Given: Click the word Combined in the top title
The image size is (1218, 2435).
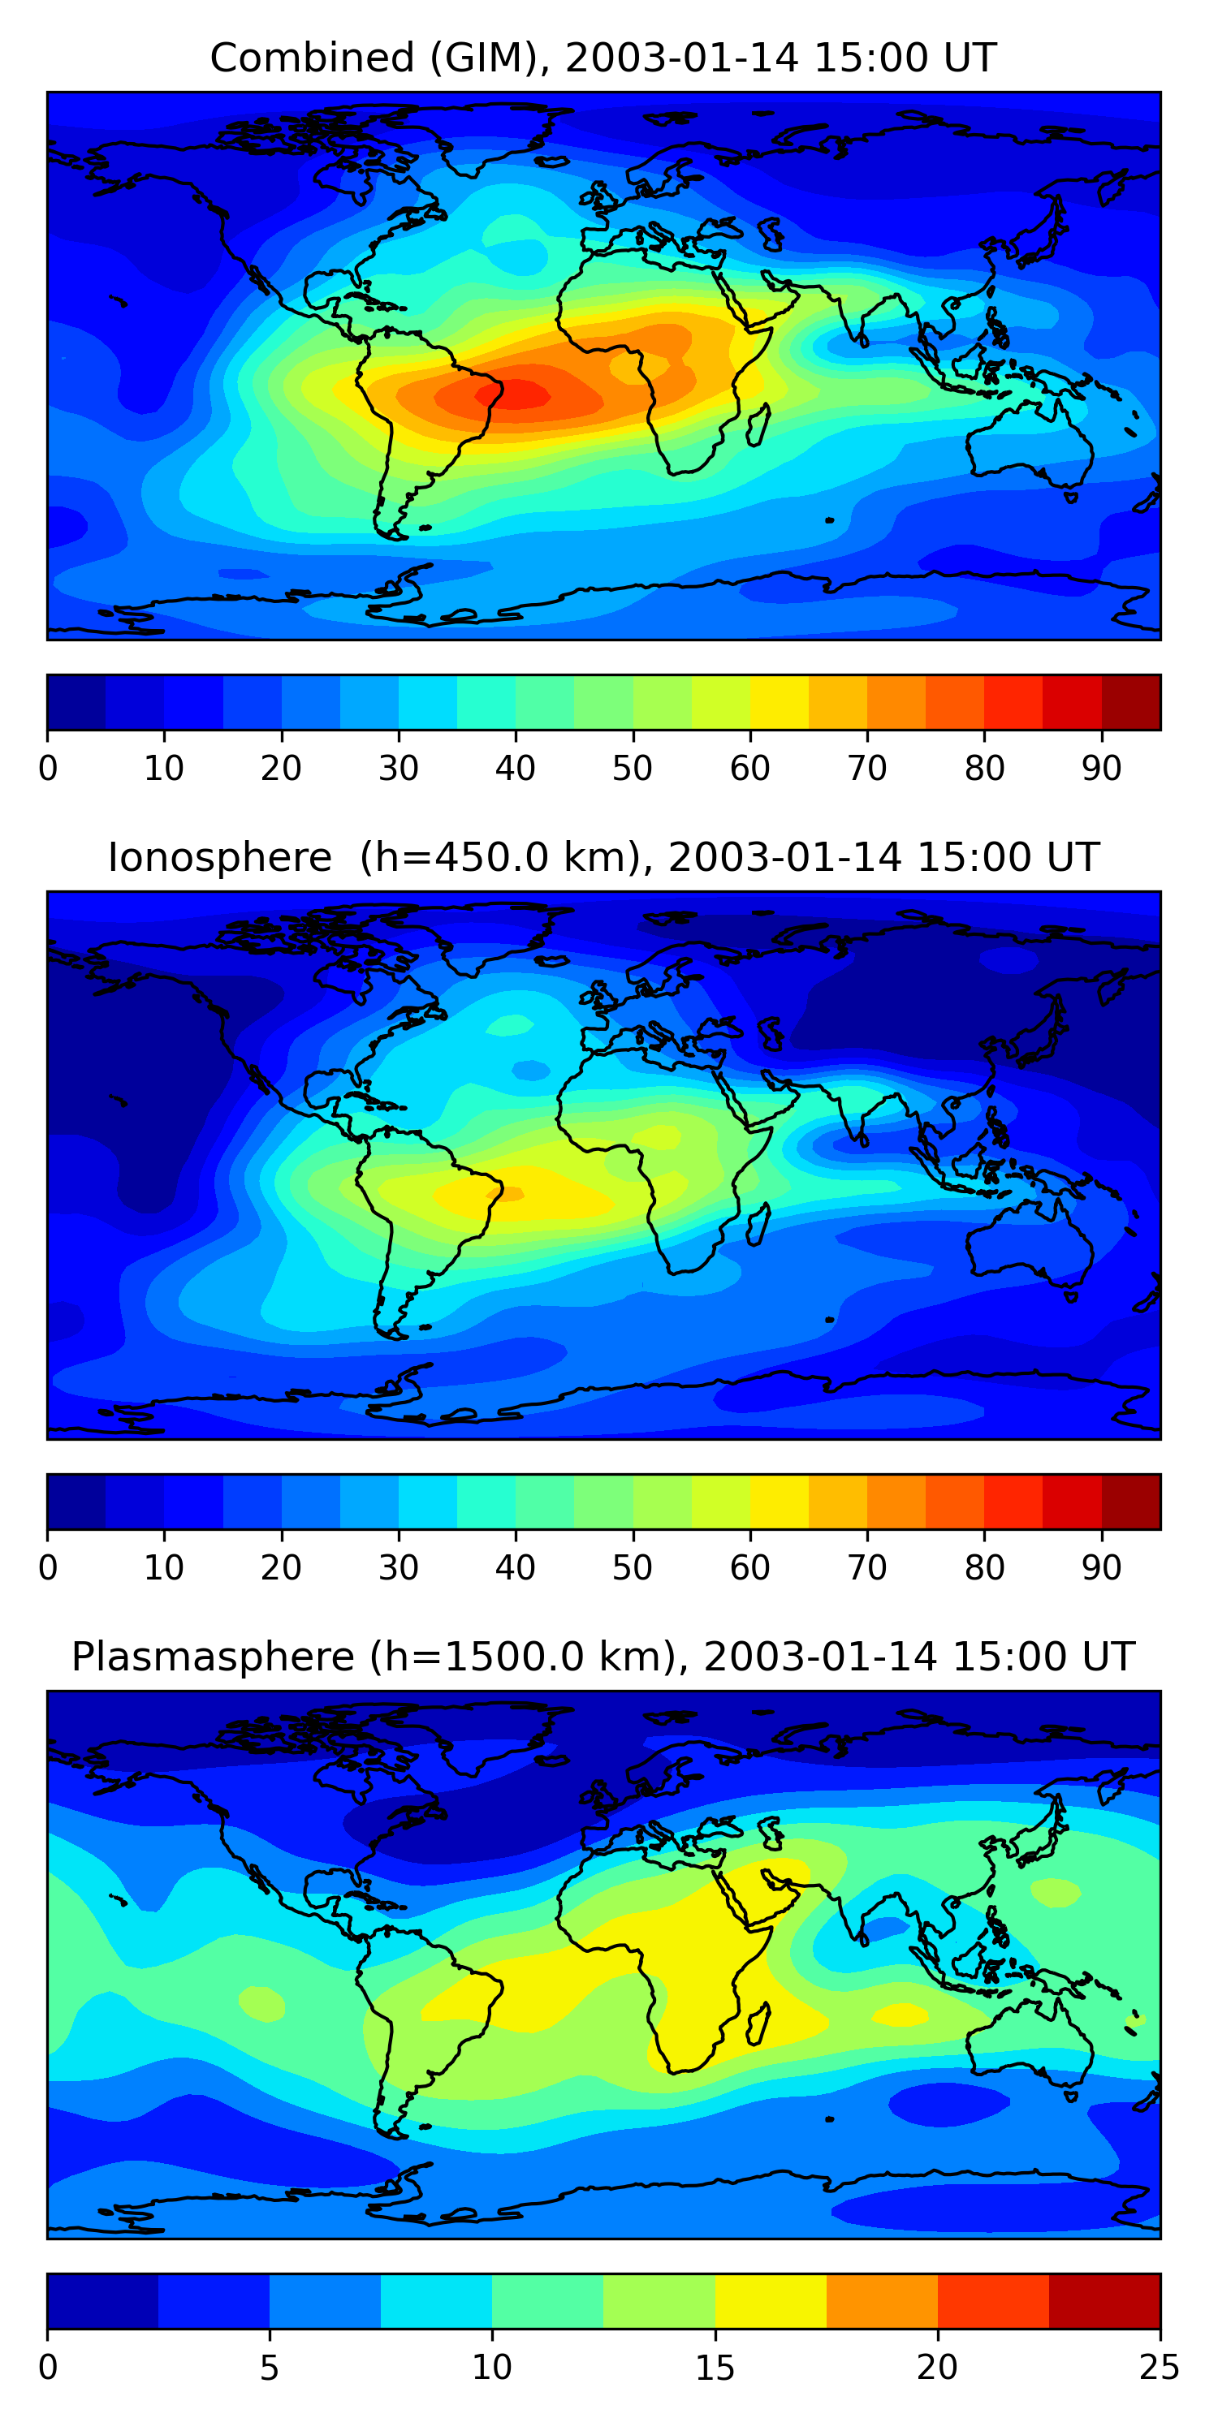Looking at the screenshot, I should (x=311, y=58).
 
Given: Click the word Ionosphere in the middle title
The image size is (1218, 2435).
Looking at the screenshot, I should (x=219, y=858).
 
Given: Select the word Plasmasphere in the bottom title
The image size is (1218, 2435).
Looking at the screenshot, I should (x=213, y=1657).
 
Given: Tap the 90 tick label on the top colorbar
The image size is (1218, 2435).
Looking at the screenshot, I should (x=1102, y=769).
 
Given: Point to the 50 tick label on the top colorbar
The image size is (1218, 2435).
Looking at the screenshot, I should (x=633, y=769).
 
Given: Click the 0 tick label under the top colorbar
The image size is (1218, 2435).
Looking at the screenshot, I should (x=48, y=769).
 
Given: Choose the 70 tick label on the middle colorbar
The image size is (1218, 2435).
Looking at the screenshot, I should (x=867, y=1568).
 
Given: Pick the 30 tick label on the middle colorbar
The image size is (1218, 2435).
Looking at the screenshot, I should (x=398, y=1568).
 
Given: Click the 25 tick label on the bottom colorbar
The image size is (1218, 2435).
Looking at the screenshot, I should (x=1160, y=2368).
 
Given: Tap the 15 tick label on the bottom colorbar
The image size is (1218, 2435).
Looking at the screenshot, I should (x=715, y=2368).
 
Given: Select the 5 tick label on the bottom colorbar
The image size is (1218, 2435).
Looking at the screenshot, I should (x=270, y=2368).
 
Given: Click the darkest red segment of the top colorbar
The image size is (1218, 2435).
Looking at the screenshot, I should (x=1131, y=702).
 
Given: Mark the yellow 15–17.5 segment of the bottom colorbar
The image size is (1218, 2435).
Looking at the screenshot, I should (x=771, y=2301).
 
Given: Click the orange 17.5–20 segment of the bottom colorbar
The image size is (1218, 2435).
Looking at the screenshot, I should (x=883, y=2301).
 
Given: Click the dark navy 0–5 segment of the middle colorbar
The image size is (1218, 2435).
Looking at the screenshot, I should (x=76, y=1502).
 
